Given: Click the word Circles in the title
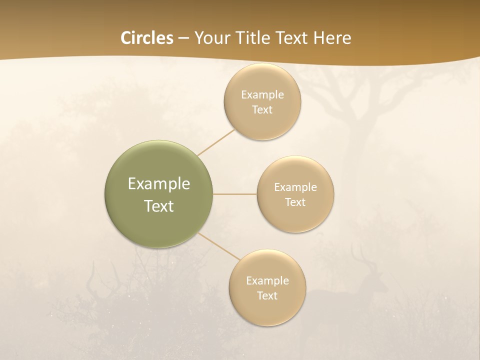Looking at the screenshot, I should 146,38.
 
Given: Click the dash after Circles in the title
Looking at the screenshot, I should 183,38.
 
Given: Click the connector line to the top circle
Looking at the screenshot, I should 216,142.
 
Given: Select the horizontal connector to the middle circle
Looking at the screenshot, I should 234,194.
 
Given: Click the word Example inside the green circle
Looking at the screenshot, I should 158,184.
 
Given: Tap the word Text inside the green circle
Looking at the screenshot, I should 158,206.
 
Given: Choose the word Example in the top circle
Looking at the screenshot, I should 262,95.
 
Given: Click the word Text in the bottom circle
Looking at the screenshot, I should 267,296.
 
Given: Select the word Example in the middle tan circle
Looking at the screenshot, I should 295,187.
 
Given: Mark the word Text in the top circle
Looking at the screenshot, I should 262,110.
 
